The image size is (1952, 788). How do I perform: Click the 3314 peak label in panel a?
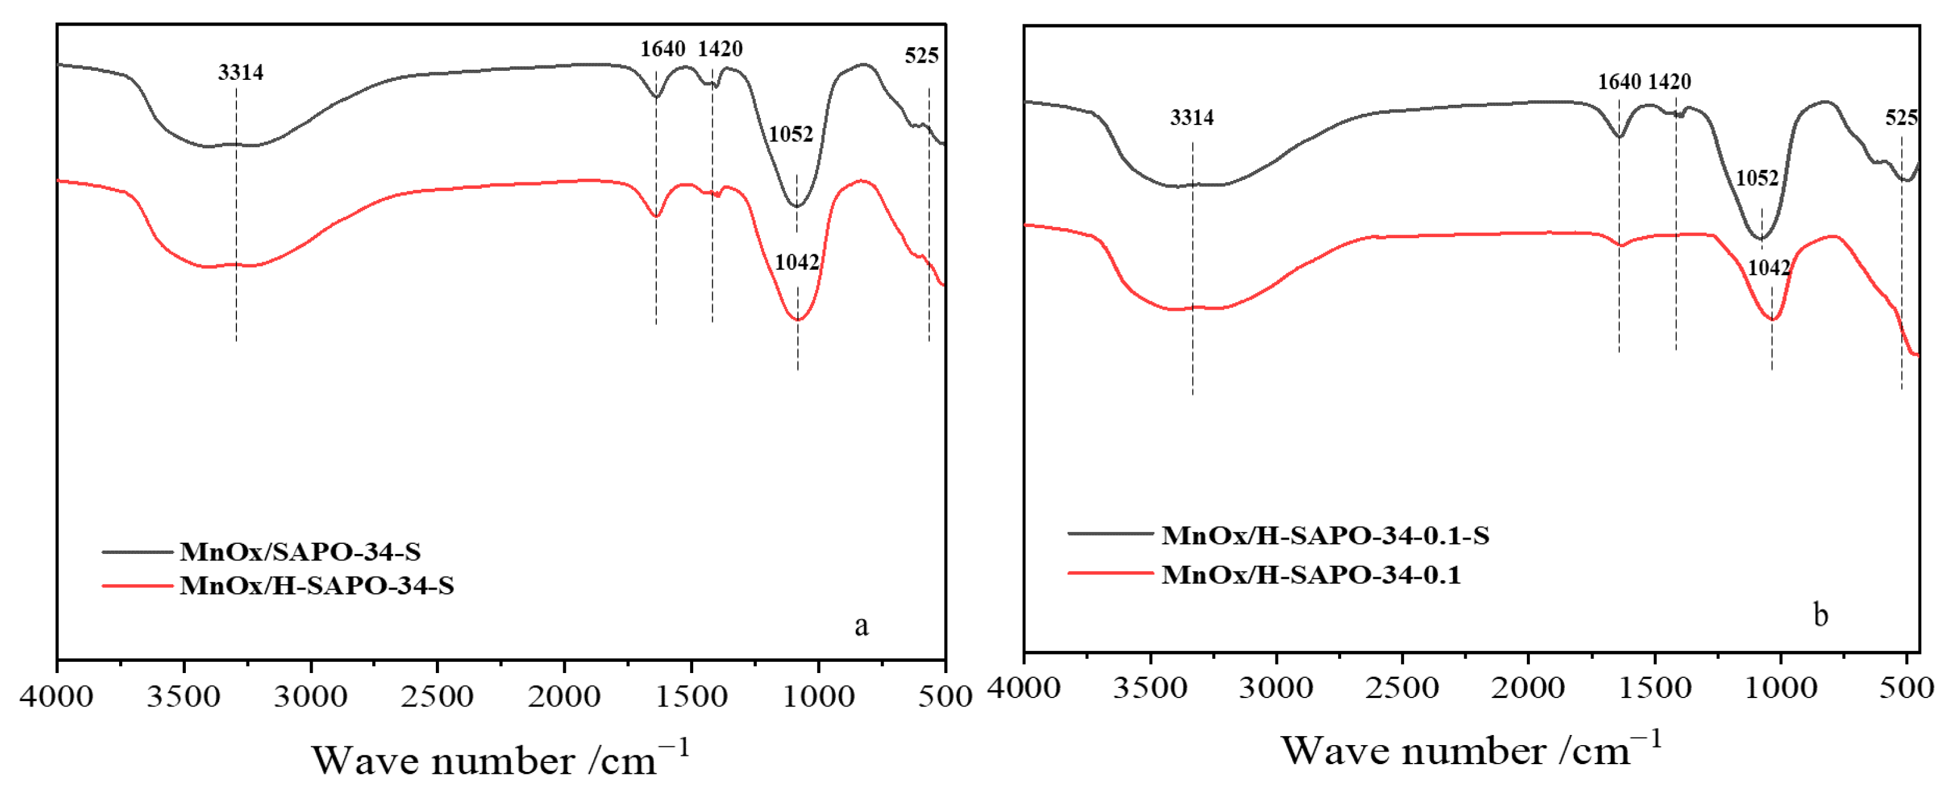point(240,72)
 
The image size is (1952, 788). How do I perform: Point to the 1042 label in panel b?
point(1769,267)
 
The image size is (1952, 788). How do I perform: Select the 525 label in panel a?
point(921,55)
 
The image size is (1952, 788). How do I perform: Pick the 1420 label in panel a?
point(720,49)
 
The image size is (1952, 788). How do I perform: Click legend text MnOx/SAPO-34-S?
point(300,552)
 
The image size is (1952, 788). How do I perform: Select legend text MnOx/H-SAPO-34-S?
point(317,585)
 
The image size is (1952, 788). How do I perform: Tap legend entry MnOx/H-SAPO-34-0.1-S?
point(1324,535)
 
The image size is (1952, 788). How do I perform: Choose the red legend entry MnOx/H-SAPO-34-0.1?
point(1311,575)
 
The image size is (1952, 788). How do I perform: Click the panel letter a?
point(861,626)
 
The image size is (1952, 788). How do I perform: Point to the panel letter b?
point(1820,615)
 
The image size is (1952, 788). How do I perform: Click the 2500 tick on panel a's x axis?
point(437,696)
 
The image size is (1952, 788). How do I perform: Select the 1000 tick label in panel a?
point(818,696)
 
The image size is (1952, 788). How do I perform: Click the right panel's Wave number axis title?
point(1470,750)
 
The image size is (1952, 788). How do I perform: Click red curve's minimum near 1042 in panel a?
point(798,320)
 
